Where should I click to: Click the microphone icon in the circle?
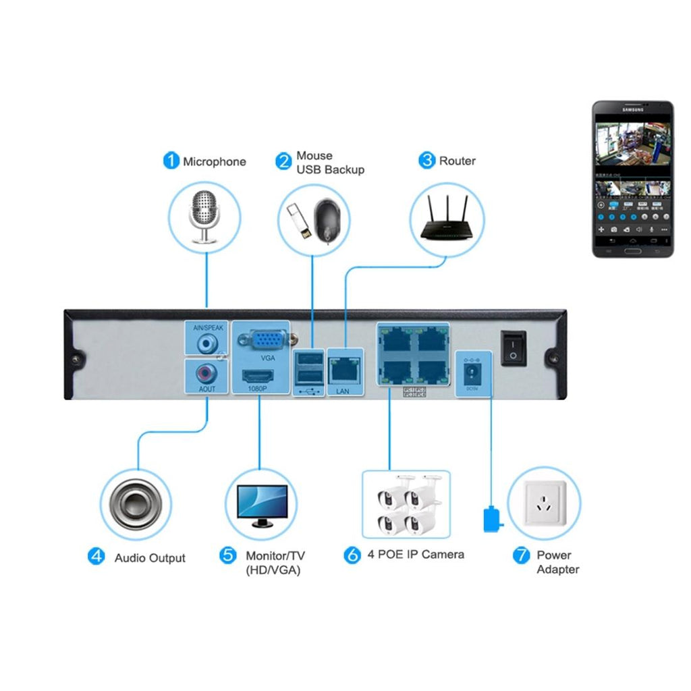click(204, 215)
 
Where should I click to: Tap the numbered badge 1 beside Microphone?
click(171, 161)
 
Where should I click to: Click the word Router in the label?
click(457, 161)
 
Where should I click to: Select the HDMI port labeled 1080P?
click(260, 375)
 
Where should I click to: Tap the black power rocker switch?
click(514, 348)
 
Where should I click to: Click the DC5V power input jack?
click(472, 373)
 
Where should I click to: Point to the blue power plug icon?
click(492, 519)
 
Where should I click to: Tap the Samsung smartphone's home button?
click(632, 251)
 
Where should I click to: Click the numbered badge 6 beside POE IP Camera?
click(352, 555)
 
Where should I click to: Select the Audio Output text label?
click(150, 558)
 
